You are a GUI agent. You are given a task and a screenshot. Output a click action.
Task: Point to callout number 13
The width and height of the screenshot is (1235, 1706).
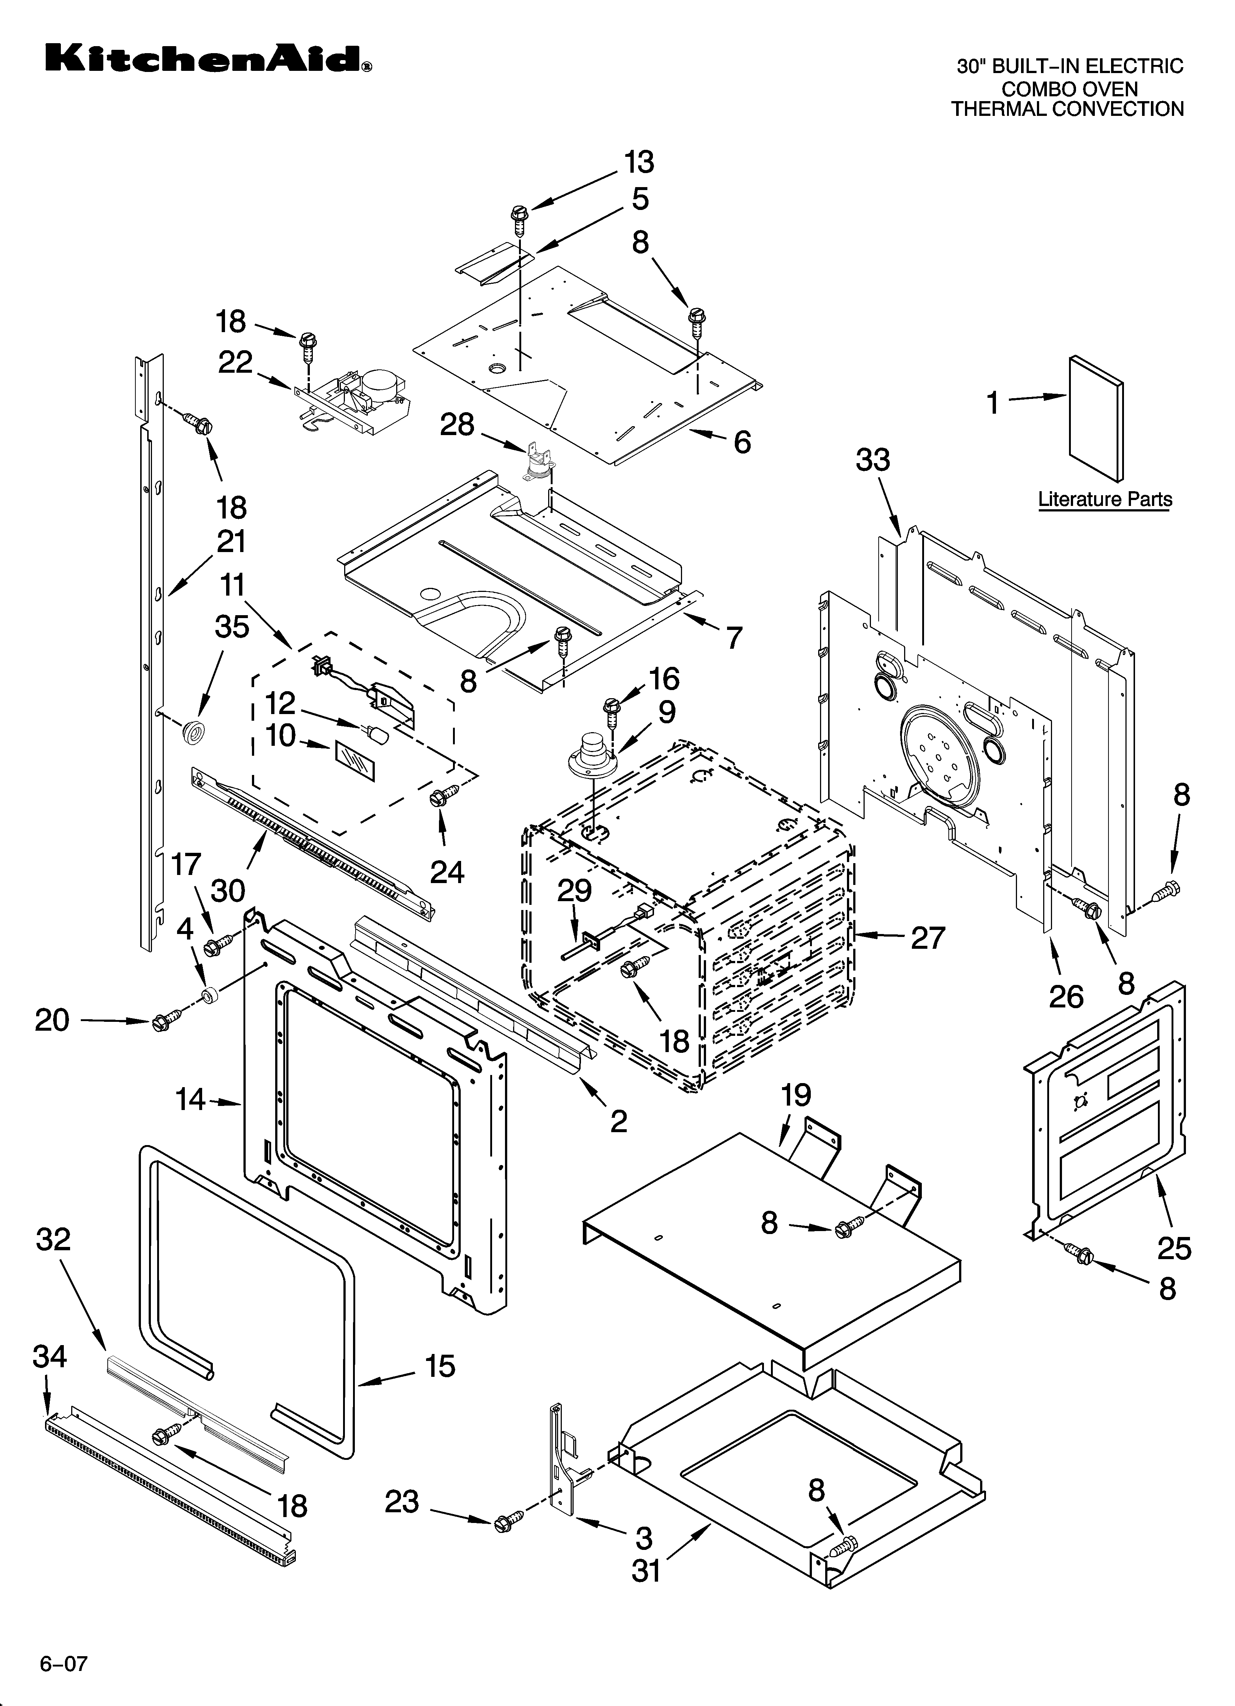[639, 162]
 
